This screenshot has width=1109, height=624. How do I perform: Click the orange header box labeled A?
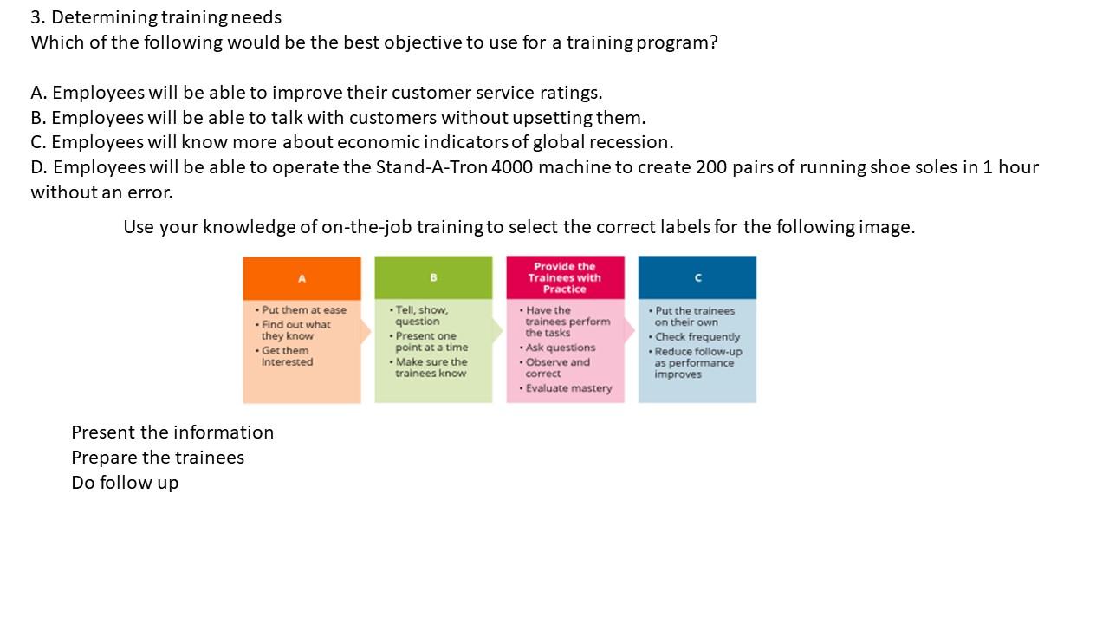pyautogui.click(x=302, y=278)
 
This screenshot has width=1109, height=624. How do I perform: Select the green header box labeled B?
pyautogui.click(x=433, y=278)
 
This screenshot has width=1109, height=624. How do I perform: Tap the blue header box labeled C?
pyautogui.click(x=697, y=278)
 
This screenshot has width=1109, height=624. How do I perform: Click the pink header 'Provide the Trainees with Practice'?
pyautogui.click(x=565, y=278)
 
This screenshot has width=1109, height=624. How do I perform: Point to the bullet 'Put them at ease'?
pyautogui.click(x=303, y=310)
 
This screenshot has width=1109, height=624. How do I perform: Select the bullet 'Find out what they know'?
pyautogui.click(x=295, y=330)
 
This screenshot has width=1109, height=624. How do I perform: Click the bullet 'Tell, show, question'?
pyautogui.click(x=421, y=315)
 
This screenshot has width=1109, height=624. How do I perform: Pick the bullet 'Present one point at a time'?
pyautogui.click(x=431, y=341)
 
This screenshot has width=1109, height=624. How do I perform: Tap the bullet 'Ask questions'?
pyautogui.click(x=560, y=348)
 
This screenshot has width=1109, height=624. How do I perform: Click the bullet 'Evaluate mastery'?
pyautogui.click(x=568, y=388)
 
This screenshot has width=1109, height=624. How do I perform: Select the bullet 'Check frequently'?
pyautogui.click(x=697, y=337)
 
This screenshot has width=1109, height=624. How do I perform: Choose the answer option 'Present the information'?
pyautogui.click(x=172, y=432)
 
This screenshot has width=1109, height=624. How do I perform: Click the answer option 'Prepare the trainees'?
pyautogui.click(x=158, y=458)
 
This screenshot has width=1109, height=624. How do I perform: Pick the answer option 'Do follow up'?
pyautogui.click(x=125, y=483)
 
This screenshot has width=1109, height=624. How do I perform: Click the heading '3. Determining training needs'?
pyautogui.click(x=156, y=17)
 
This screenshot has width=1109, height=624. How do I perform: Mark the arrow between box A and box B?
pyautogui.click(x=366, y=331)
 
